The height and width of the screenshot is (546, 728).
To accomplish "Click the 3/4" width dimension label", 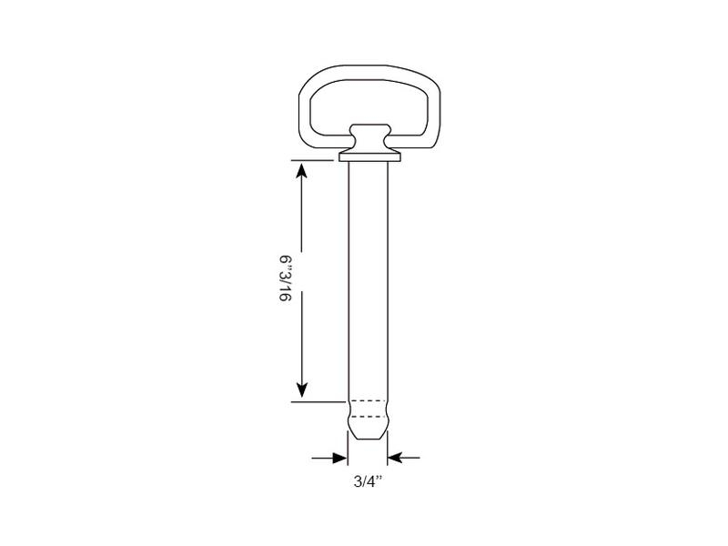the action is coord(369,481).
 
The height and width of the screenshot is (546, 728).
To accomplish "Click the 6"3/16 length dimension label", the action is coord(286,278).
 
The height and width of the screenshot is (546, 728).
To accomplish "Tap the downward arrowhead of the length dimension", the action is coord(302,390).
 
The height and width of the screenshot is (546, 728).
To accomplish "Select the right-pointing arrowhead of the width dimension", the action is coord(339,458).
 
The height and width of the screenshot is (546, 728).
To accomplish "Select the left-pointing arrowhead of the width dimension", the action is coord(395,458).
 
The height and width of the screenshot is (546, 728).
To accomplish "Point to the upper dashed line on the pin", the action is coord(368,400).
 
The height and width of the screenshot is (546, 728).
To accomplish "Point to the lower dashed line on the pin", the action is coord(368,417).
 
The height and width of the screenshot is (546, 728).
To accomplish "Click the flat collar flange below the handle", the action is coord(369,157).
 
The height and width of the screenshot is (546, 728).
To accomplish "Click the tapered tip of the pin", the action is coord(368,429).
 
